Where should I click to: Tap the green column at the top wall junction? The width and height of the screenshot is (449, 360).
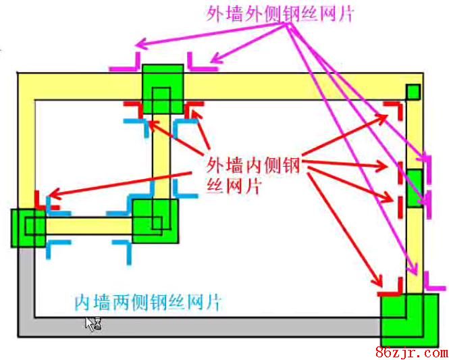click(163, 88)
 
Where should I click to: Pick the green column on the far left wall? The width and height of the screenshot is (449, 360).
click(28, 227)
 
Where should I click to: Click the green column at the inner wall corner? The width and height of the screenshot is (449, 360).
click(155, 220)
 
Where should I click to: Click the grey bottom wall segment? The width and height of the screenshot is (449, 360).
click(203, 327)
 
